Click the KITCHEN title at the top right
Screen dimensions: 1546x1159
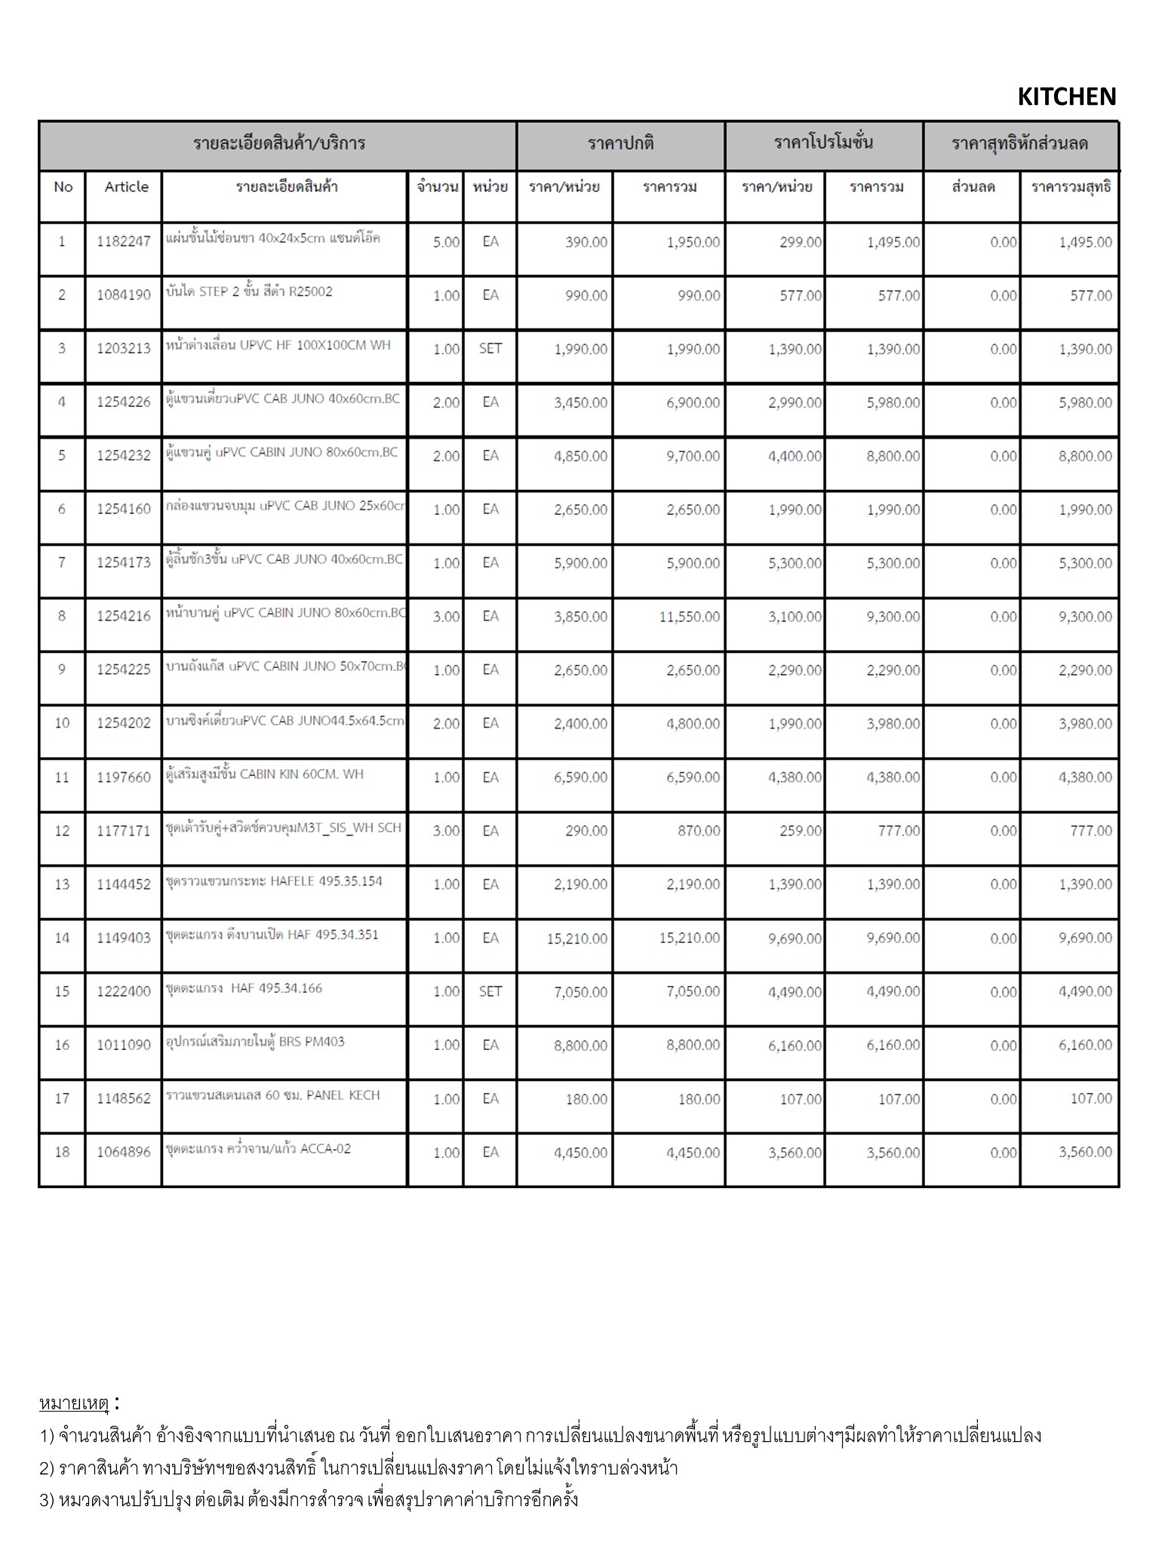point(1066,97)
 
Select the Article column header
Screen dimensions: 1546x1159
point(126,186)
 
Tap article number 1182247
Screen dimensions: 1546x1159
point(124,242)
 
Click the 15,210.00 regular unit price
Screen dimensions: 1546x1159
point(577,938)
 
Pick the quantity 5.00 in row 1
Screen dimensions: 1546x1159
point(446,242)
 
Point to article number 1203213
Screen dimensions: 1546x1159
point(124,349)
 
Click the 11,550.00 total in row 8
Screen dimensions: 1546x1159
point(689,617)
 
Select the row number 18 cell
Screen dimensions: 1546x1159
point(62,1152)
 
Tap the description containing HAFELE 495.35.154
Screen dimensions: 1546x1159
point(274,881)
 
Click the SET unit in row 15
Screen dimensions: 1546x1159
point(490,991)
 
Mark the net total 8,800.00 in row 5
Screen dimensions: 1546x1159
point(1085,456)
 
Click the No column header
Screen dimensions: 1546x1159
point(63,186)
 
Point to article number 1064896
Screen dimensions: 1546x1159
point(124,1152)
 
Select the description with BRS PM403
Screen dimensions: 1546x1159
point(255,1042)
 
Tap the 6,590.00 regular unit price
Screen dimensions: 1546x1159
point(580,777)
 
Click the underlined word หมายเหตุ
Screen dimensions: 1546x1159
point(74,1403)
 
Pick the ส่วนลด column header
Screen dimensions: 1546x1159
point(973,186)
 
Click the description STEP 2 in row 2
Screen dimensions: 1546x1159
point(249,292)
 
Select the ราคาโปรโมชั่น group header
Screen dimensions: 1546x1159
point(823,143)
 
